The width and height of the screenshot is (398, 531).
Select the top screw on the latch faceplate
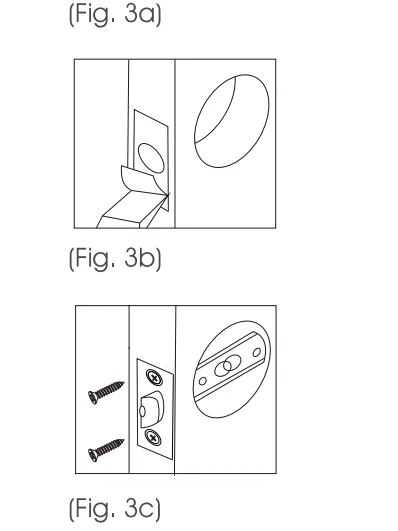point(153,376)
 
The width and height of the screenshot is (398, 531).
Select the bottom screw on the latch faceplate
point(153,437)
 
